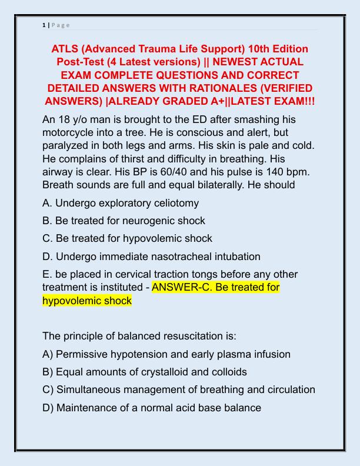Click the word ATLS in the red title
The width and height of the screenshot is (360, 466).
[66, 48]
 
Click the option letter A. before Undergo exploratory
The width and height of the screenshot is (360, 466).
[48, 203]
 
